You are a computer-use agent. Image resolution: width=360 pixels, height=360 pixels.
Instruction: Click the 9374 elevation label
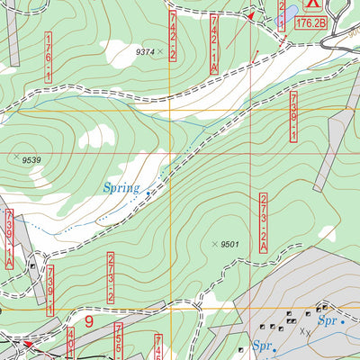click(x=145, y=52)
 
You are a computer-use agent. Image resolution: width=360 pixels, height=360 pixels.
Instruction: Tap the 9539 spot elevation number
click(x=32, y=160)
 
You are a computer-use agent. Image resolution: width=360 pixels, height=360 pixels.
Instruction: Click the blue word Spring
click(x=121, y=188)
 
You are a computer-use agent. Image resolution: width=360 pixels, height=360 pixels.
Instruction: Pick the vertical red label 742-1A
click(x=215, y=43)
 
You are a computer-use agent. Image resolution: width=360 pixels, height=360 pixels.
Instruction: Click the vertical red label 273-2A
click(x=265, y=221)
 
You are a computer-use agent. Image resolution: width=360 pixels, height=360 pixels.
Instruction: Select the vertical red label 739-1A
click(x=9, y=238)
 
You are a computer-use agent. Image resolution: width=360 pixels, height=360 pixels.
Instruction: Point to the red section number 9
click(x=89, y=319)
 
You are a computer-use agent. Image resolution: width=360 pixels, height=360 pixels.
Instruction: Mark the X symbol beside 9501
click(x=214, y=244)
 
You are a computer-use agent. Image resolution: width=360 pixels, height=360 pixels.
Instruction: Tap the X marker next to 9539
click(x=17, y=157)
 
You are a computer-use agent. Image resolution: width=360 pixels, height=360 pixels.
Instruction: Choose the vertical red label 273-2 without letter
click(x=111, y=276)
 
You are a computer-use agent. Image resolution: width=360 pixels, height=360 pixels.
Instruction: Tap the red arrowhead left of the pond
click(x=251, y=17)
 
